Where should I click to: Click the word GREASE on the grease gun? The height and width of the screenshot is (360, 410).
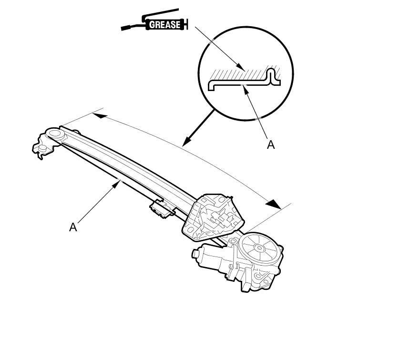tap(165, 24)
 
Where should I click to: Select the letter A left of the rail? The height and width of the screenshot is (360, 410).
tap(73, 227)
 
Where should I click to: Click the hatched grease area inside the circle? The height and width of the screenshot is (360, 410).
tap(238, 73)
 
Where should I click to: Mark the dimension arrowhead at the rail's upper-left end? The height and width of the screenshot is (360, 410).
tap(98, 115)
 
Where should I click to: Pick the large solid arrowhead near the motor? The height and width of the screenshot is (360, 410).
tap(273, 204)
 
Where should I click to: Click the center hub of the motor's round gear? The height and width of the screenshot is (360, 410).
tap(259, 247)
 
